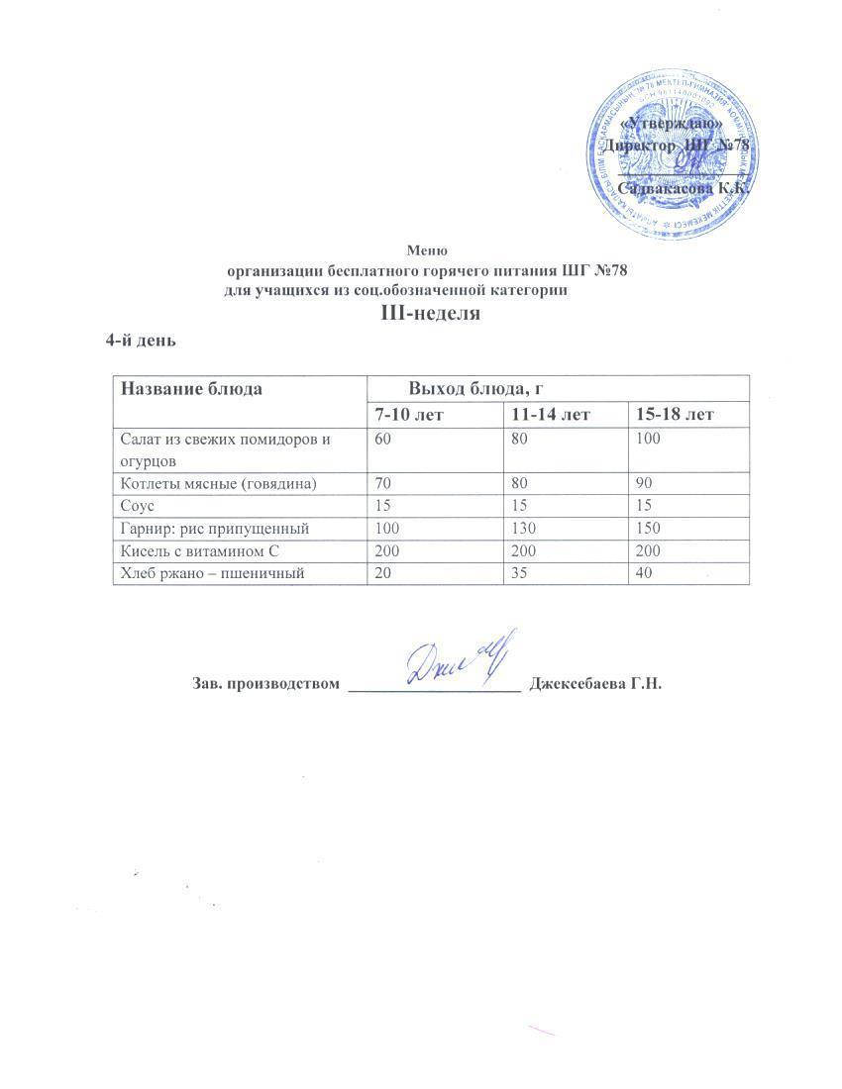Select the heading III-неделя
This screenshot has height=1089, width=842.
[x=430, y=314]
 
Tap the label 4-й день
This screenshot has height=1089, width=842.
[x=141, y=341]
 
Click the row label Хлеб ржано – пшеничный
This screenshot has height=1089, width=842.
[x=210, y=573]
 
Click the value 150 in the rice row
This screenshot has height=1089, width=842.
[x=649, y=529]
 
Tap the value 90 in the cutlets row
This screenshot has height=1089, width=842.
[x=645, y=483]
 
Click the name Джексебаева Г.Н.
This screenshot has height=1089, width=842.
[x=595, y=684]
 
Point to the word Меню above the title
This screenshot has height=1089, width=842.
[x=428, y=250]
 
